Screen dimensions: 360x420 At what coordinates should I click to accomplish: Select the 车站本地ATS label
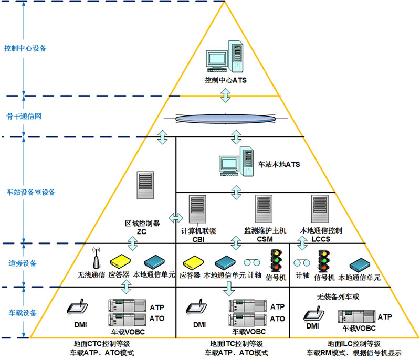pos(279,164)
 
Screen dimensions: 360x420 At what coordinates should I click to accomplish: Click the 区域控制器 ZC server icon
pos(145,185)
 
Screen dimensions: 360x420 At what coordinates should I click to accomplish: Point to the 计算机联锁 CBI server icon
pos(198,210)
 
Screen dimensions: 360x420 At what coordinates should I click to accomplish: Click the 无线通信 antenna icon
pos(96,260)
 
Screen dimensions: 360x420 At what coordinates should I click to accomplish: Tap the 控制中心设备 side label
pos(25,48)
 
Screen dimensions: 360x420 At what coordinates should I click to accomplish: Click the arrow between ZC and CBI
pos(176,217)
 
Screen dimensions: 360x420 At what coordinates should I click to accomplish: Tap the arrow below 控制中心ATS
pos(225,95)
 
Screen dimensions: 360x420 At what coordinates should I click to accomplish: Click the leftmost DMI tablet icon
pos(77,308)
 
